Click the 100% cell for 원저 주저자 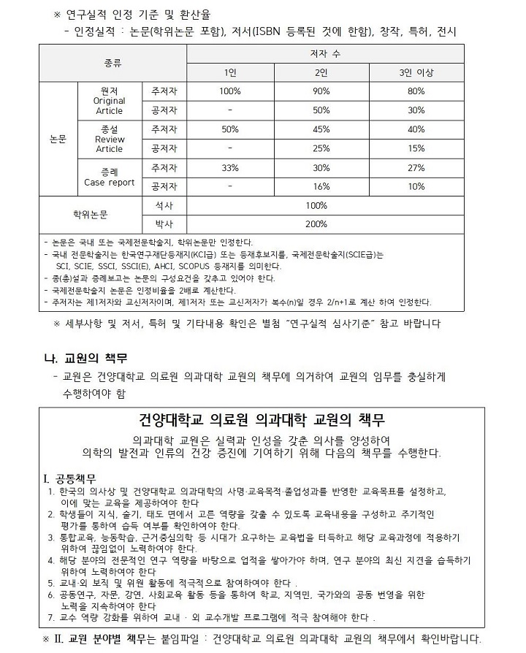pyautogui.click(x=230, y=91)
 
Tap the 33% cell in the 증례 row pyautogui.click(x=230, y=167)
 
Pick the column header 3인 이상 pyautogui.click(x=416, y=72)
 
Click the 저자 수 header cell pyautogui.click(x=324, y=54)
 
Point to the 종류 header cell pyautogui.click(x=113, y=63)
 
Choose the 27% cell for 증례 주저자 pyautogui.click(x=416, y=167)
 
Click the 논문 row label pyautogui.click(x=58, y=139)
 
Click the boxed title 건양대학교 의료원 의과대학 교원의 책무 pyautogui.click(x=262, y=421)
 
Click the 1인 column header pyautogui.click(x=230, y=72)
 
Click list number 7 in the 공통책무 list pyautogui.click(x=49, y=617)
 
